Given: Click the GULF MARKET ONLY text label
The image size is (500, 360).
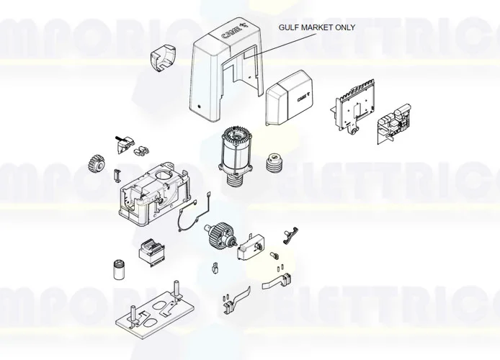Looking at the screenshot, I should pyautogui.click(x=317, y=28).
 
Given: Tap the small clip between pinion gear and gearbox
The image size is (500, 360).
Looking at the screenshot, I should pyautogui.click(x=114, y=174).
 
